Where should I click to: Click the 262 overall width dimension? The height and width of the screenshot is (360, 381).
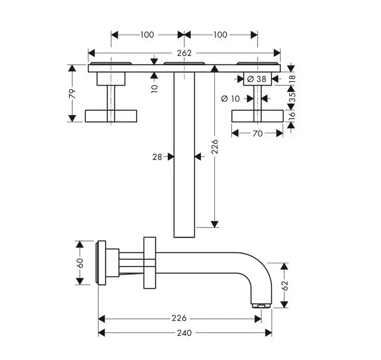[x=184, y=53]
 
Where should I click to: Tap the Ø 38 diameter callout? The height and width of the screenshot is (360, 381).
[x=256, y=79]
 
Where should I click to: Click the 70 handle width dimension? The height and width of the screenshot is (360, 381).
[x=257, y=133]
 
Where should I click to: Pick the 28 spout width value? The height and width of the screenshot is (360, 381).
[x=158, y=157]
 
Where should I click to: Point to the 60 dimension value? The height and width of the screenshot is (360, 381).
[x=80, y=263]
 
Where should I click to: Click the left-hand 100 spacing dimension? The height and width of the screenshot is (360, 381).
[x=147, y=35]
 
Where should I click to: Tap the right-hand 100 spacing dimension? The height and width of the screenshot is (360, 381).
[x=220, y=35]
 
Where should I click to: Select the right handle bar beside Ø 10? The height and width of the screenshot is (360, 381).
[x=257, y=116]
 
